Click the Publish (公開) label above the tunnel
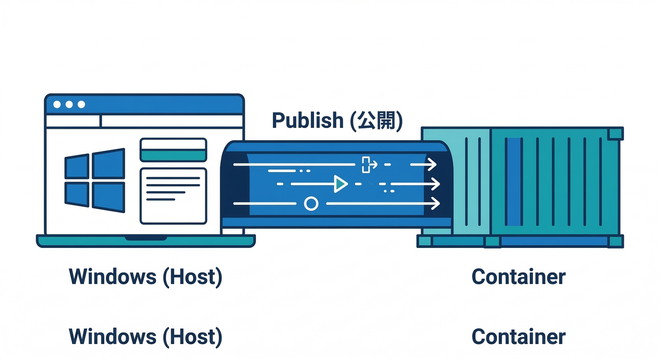pyautogui.click(x=337, y=120)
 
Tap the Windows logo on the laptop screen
pyautogui.click(x=95, y=180)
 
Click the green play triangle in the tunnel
pyautogui.click(x=340, y=184)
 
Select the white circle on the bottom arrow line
pyautogui.click(x=311, y=203)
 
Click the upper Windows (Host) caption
pyautogui.click(x=145, y=277)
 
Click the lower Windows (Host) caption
pyautogui.click(x=145, y=337)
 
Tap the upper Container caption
pyautogui.click(x=518, y=277)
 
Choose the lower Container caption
pyautogui.click(x=518, y=337)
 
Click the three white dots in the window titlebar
pyautogui.click(x=69, y=104)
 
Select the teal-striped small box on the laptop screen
pyautogui.click(x=173, y=150)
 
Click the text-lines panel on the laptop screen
pyautogui.click(x=173, y=195)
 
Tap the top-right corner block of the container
pyautogui.click(x=615, y=134)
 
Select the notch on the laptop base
pyautogui.click(x=145, y=238)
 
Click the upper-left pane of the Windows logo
pyautogui.click(x=77, y=166)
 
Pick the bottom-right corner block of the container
pyautogui.click(x=615, y=241)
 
